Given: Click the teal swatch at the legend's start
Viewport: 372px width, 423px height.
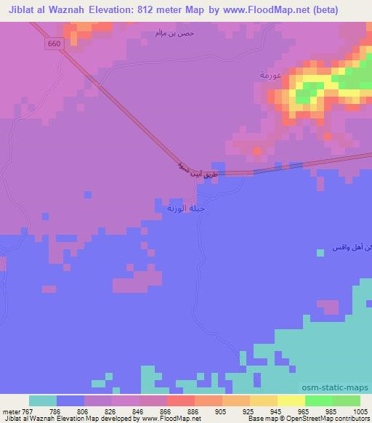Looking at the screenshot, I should pos(43,400).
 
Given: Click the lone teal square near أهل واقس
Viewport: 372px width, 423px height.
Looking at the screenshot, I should pos(320,253).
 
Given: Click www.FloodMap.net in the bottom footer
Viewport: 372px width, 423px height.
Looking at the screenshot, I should pos(169,419).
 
